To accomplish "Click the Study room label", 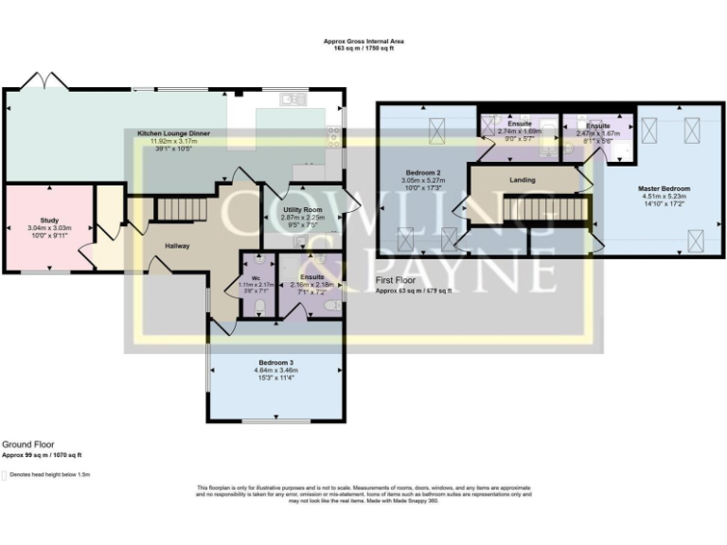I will tap(49, 220).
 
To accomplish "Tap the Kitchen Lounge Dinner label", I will tap(173, 134).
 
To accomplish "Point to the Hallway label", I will tap(177, 246).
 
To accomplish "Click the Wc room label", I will tap(255, 264).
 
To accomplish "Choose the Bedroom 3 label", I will tap(275, 362).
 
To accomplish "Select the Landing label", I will tap(523, 180).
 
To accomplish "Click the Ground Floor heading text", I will tap(27, 443).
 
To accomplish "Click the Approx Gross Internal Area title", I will tap(363, 42).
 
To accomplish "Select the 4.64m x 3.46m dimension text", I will tap(275, 371).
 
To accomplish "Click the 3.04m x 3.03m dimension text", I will tap(49, 228).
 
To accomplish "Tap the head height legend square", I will tap(5, 474).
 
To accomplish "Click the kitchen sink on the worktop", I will tap(289, 98).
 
